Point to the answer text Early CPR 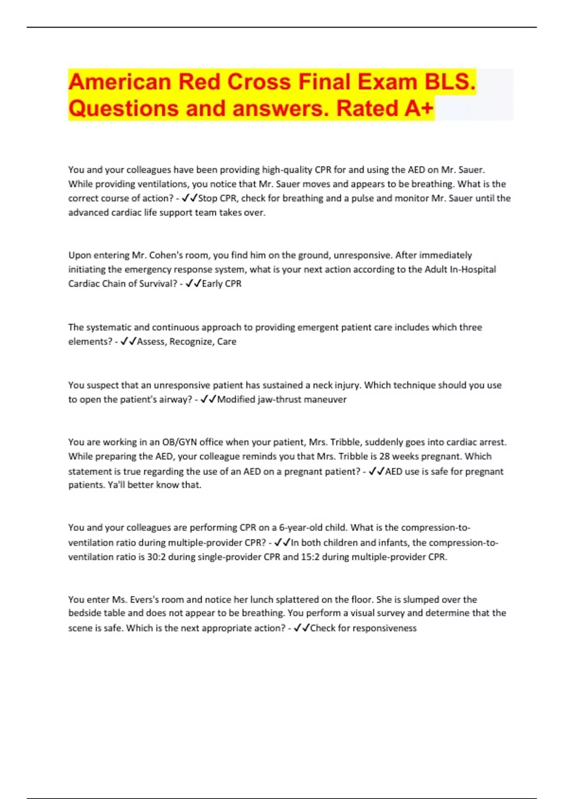[x=221, y=284]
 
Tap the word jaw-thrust [x=279, y=399]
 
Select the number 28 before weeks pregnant [x=384, y=456]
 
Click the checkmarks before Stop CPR [x=189, y=198]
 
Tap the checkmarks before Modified [x=208, y=399]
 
